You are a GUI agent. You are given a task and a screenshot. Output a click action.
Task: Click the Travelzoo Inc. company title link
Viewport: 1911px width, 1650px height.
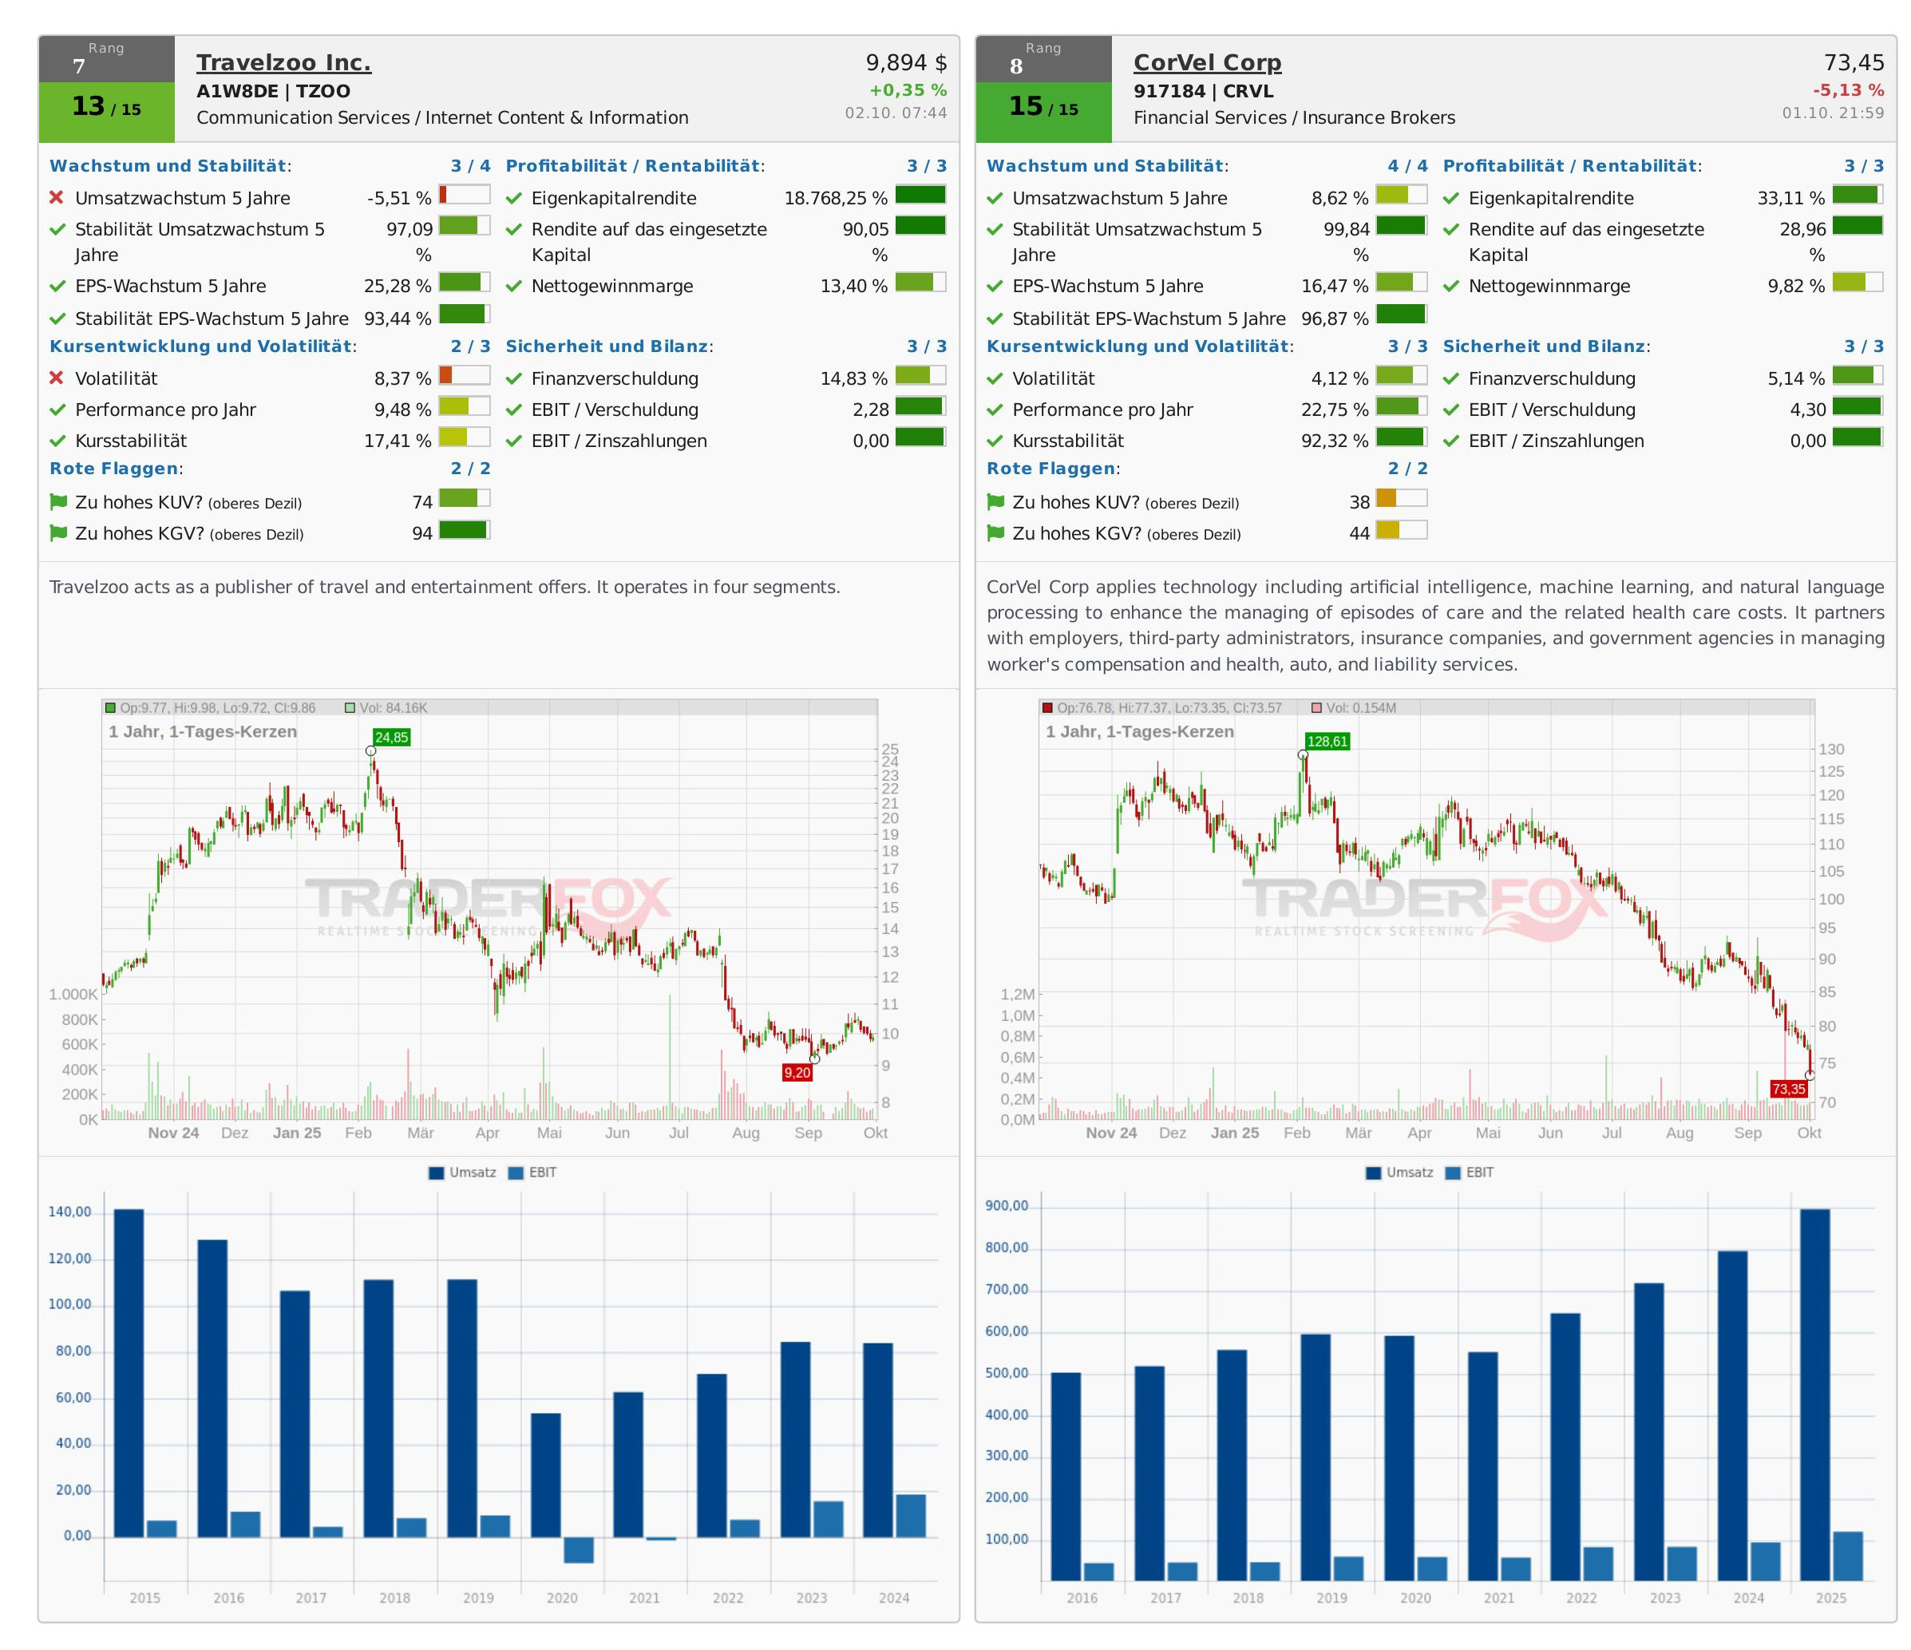point(283,63)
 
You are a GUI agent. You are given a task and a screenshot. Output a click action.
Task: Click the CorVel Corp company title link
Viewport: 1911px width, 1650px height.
point(1206,63)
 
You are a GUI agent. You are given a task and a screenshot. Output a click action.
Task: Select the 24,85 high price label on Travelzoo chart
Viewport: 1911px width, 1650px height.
point(391,737)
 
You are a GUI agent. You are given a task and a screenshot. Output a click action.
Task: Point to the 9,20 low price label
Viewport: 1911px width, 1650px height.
point(797,1073)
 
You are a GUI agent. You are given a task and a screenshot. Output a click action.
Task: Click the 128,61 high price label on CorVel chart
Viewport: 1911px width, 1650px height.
point(1327,741)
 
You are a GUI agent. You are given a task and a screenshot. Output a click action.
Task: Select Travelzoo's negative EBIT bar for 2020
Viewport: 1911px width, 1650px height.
point(578,1549)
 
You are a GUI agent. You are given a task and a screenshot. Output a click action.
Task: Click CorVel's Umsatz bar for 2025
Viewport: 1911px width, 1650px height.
point(1814,1395)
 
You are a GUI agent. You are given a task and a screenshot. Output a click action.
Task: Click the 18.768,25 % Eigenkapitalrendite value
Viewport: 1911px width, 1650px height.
point(835,198)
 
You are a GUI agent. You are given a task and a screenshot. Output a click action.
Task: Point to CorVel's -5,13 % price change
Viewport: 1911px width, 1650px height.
point(1847,90)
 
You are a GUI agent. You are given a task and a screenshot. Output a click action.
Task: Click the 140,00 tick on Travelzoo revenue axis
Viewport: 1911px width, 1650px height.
point(69,1212)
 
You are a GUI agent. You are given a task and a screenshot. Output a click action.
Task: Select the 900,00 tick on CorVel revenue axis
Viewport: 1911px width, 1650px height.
point(1007,1206)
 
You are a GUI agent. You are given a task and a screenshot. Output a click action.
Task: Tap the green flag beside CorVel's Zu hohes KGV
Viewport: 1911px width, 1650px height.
point(995,533)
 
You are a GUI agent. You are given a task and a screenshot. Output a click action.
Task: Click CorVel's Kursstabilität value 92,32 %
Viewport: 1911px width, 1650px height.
point(1334,441)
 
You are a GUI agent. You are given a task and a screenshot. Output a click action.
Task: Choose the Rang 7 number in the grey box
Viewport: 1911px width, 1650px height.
point(79,66)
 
